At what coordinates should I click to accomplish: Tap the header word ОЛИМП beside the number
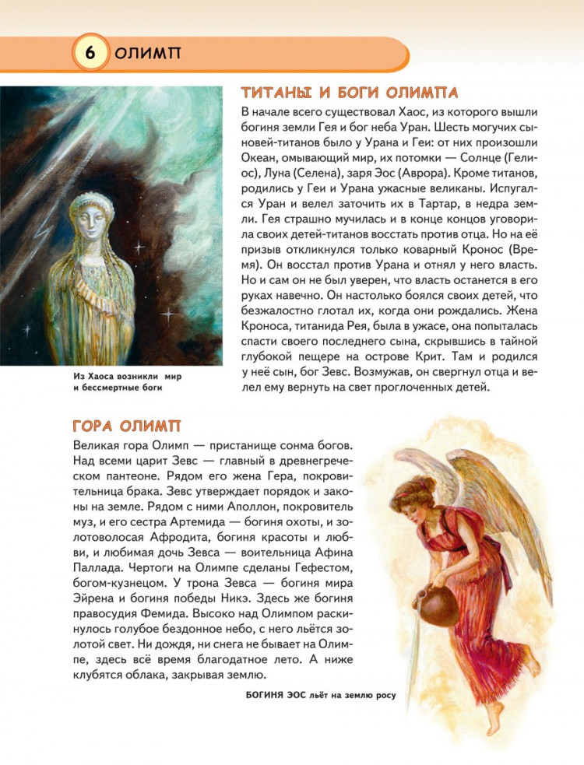(x=147, y=54)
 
